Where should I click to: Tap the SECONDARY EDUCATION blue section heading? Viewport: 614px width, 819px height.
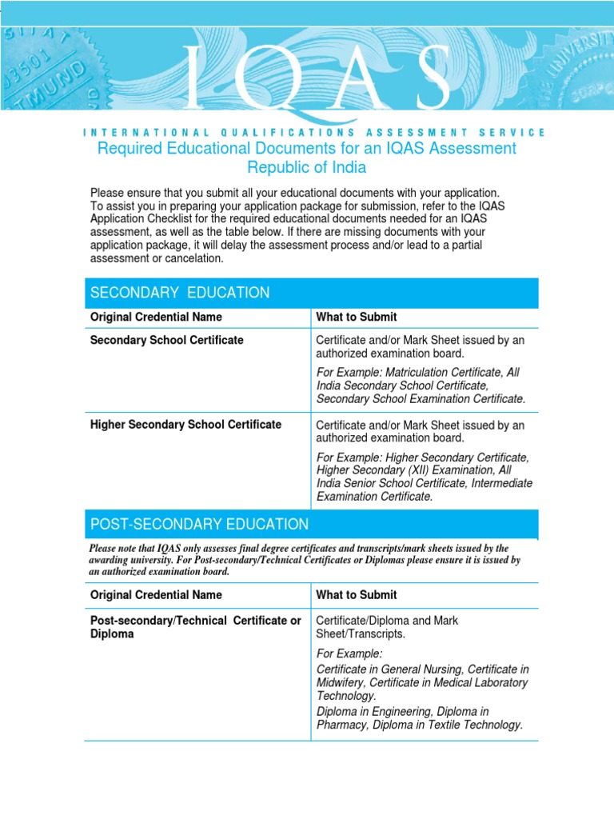(180, 293)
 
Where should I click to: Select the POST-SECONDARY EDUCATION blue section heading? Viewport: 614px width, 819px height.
(199, 525)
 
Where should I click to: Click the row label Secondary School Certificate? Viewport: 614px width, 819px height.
(167, 340)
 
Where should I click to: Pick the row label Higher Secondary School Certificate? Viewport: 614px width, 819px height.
(185, 425)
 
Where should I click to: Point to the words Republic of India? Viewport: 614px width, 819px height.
(307, 168)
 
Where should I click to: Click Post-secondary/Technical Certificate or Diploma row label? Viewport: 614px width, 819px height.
(195, 627)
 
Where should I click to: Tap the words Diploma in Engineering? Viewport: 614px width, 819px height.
(374, 711)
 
